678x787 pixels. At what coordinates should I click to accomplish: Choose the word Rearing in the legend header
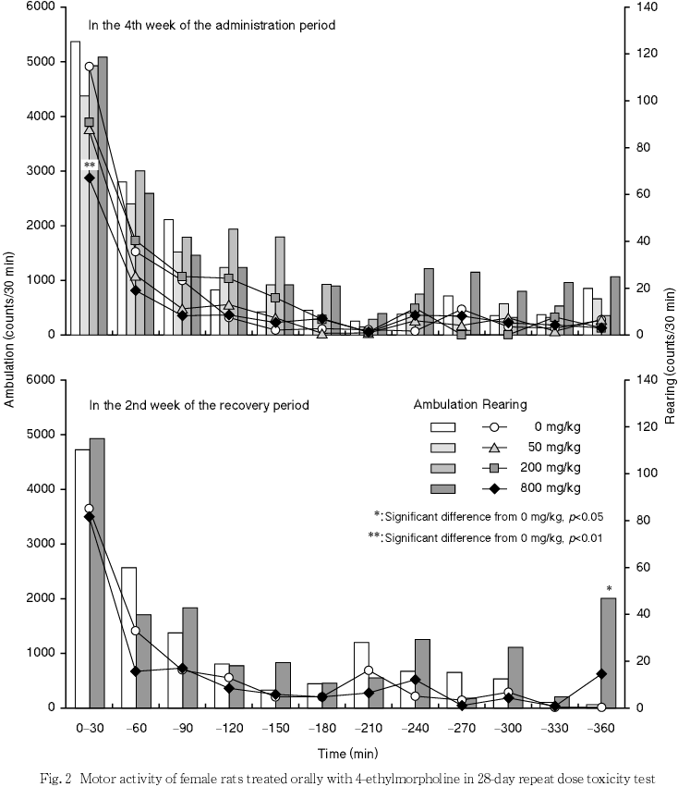coord(503,404)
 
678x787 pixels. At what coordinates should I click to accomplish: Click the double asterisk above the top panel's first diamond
coord(90,166)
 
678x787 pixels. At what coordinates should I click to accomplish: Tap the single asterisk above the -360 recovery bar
coord(609,589)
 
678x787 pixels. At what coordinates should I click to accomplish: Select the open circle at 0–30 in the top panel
coord(90,67)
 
